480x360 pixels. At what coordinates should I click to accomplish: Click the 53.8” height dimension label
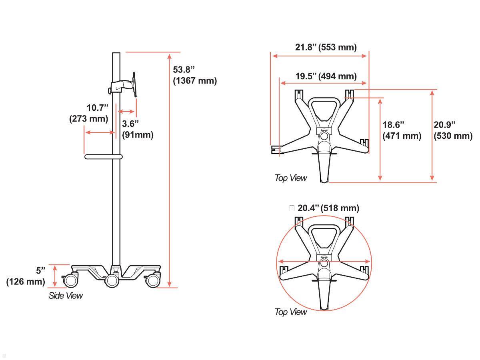click(x=184, y=70)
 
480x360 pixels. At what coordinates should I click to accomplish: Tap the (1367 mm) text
click(x=195, y=81)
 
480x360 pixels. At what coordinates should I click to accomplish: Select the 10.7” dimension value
click(x=98, y=108)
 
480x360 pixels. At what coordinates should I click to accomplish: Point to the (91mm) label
click(x=138, y=135)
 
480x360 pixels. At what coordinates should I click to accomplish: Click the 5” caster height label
click(x=40, y=271)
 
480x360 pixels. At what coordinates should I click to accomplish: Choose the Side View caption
click(x=66, y=296)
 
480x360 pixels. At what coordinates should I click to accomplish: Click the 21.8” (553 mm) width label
click(x=326, y=47)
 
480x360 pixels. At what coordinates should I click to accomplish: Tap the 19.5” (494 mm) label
click(x=326, y=76)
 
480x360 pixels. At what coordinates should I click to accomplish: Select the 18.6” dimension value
click(x=393, y=125)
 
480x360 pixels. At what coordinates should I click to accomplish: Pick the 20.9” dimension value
click(x=444, y=125)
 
